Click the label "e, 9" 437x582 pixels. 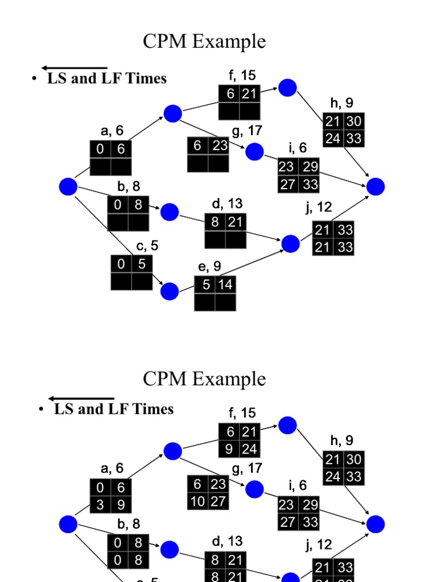[209, 266]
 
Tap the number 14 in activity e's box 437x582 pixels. [226, 285]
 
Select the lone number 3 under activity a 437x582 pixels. [100, 504]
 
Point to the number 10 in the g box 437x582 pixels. [197, 501]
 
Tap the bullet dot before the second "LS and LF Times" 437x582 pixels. [42, 410]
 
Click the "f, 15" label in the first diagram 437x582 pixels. [241, 75]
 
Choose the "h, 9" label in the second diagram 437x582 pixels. [342, 440]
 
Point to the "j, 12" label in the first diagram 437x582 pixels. [319, 207]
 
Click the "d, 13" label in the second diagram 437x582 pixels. [226, 541]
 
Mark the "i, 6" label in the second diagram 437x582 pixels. [298, 485]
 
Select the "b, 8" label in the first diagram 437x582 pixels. [129, 186]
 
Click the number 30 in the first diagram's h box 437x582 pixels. [353, 122]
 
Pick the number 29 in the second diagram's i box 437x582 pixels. [310, 504]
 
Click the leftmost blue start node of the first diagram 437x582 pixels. [68, 186]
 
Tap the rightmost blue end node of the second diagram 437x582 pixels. [376, 523]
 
